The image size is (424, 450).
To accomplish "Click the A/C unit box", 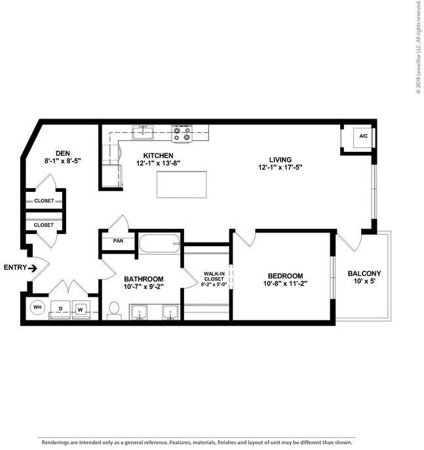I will (362, 137).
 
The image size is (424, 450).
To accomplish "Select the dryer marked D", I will (60, 309).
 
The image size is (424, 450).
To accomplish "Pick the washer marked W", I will (81, 309).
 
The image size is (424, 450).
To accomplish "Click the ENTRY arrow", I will (24, 267).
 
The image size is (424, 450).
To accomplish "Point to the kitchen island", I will (182, 184).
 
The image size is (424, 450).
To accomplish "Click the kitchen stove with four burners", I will (182, 134).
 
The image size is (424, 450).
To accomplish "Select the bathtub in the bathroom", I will (160, 244).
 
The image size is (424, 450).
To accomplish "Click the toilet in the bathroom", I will (113, 309).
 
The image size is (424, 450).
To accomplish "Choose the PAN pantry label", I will (118, 240).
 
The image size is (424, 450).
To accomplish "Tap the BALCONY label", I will (364, 274).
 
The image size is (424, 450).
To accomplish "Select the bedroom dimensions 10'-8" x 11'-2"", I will (284, 284).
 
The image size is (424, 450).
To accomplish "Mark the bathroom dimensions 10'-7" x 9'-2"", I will (144, 287).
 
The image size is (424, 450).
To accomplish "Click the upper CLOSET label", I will (44, 200).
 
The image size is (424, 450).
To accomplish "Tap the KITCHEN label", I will (154, 155).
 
